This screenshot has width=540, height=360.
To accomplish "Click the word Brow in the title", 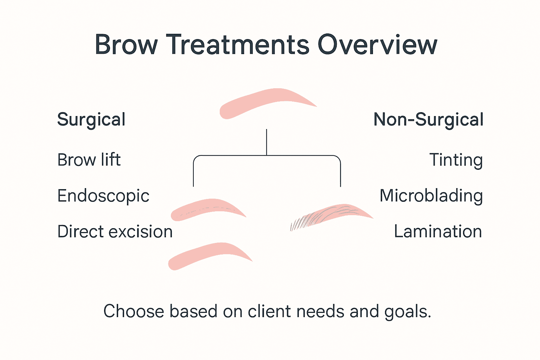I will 126,45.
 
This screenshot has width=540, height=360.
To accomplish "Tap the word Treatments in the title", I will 238,45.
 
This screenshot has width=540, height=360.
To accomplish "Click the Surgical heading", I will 91,120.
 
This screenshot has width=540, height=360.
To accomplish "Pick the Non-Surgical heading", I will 428,120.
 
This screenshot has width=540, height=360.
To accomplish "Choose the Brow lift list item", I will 89,160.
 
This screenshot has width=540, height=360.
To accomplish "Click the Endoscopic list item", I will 103,196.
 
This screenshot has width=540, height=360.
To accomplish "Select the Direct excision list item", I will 115,232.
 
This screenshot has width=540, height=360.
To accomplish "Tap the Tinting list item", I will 456,160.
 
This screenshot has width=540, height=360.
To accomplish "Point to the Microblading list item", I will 431,196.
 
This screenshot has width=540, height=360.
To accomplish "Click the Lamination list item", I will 438,232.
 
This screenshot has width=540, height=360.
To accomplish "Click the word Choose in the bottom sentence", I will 134,311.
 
